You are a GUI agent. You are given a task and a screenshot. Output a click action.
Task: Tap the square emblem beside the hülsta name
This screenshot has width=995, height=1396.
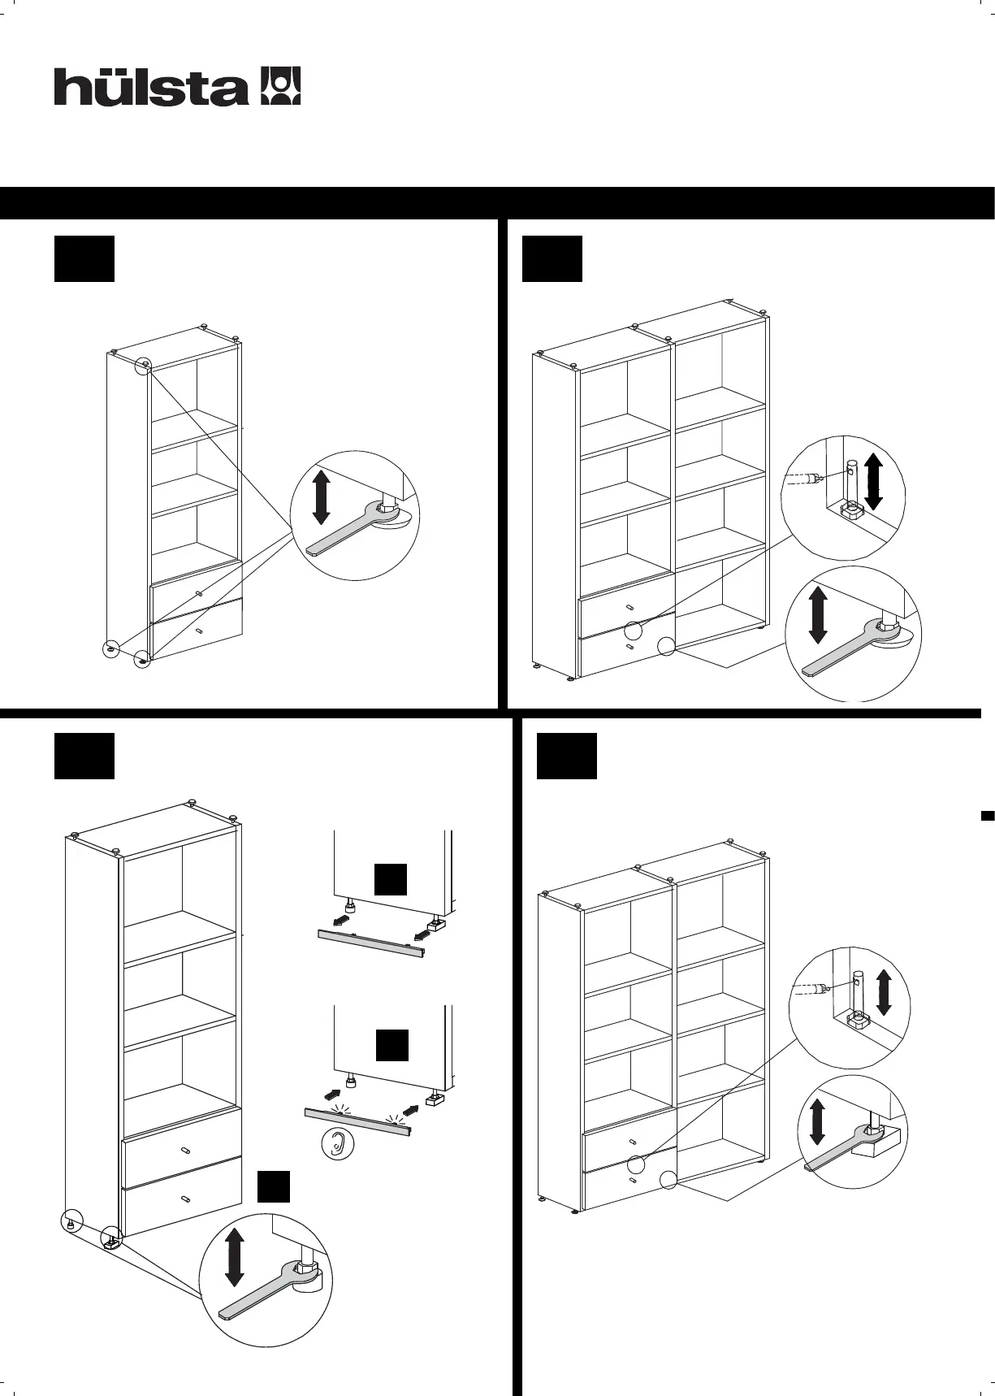click(280, 86)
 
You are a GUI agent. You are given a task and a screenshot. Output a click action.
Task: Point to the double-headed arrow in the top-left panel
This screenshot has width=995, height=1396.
click(321, 496)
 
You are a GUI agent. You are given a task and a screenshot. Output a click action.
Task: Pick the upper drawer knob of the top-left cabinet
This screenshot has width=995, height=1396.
click(199, 594)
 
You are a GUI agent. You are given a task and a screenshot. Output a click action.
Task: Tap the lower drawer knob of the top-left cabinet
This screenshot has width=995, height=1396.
click(200, 628)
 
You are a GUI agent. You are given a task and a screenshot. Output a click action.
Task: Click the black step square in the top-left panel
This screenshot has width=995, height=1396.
click(84, 259)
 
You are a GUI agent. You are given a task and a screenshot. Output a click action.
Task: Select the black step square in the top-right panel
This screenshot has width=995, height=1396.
click(552, 259)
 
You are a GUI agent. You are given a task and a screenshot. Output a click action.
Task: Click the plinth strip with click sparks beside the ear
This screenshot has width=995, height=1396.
click(358, 1120)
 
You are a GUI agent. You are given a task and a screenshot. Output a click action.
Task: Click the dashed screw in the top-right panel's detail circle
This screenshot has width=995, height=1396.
click(806, 479)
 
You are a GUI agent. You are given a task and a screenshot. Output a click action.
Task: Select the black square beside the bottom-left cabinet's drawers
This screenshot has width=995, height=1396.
click(274, 1186)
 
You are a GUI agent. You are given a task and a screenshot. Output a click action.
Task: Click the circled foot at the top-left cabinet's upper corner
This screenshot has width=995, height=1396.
click(143, 367)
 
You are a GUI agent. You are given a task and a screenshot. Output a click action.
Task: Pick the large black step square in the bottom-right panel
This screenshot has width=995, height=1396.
click(567, 757)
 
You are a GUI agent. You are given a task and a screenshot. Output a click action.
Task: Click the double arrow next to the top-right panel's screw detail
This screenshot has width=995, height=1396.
click(874, 481)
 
